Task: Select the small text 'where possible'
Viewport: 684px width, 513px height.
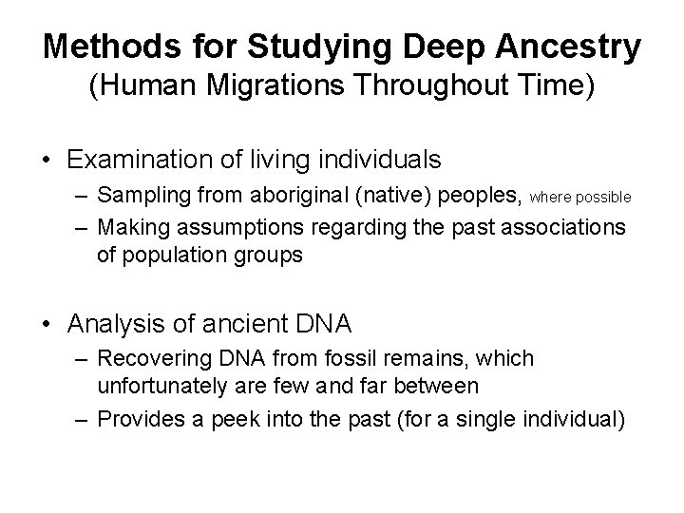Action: coord(579,199)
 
